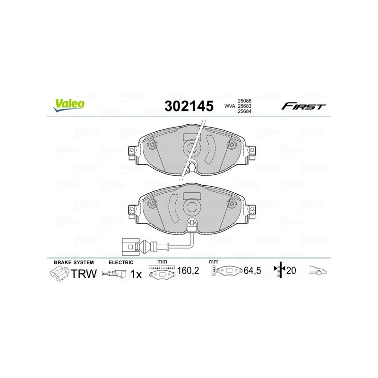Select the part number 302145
tap(189, 106)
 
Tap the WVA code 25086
tap(244, 101)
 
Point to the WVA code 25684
tap(244, 112)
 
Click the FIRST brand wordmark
tap(303, 106)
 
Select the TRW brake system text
tap(84, 274)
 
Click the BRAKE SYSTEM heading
tap(74, 262)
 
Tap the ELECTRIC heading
tap(121, 262)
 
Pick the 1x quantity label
tap(135, 274)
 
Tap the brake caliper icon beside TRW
tap(59, 274)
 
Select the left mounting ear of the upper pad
tap(133, 152)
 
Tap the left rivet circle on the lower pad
tap(152, 204)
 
